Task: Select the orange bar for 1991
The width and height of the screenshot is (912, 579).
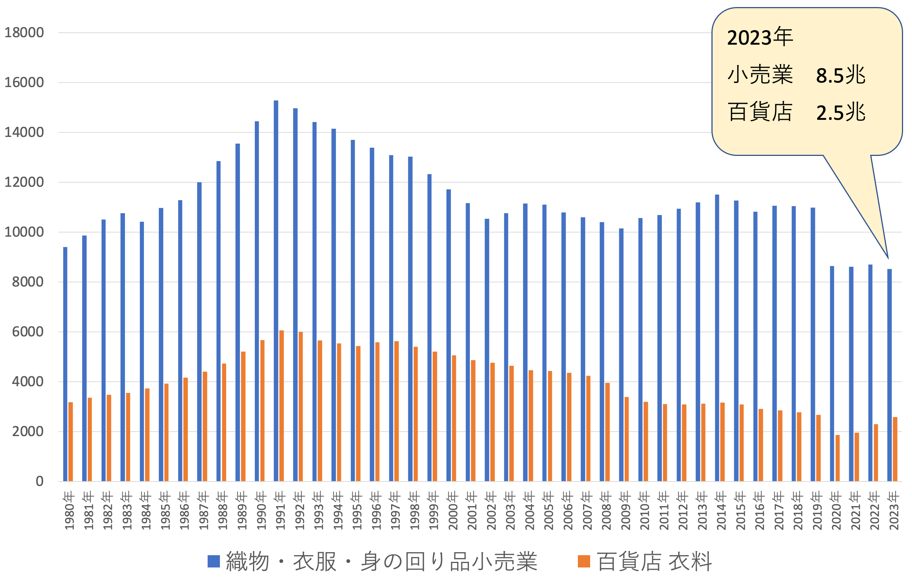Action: [281, 406]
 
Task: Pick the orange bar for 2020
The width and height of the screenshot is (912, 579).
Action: [837, 458]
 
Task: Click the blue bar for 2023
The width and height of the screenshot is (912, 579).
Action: [889, 375]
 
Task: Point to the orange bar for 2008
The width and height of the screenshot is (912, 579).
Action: [608, 432]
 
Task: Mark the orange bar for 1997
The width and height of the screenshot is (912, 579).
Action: [397, 411]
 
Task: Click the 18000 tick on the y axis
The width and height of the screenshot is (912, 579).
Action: [24, 33]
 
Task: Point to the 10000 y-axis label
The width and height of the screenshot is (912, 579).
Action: [24, 232]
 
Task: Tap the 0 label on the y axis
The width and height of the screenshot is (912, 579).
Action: [39, 482]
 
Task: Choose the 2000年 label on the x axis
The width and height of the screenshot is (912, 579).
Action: [453, 511]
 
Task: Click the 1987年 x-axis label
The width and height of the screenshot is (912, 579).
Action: [204, 511]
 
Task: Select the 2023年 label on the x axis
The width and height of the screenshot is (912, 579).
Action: [894, 511]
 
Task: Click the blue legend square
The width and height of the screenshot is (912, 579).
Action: [214, 562]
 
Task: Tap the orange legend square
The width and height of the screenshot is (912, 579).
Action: [584, 562]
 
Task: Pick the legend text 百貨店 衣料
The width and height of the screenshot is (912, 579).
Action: [655, 562]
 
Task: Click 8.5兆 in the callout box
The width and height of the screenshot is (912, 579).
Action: [841, 75]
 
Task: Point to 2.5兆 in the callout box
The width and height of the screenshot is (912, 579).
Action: [841, 112]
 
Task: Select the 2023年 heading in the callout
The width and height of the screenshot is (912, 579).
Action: [760, 38]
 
